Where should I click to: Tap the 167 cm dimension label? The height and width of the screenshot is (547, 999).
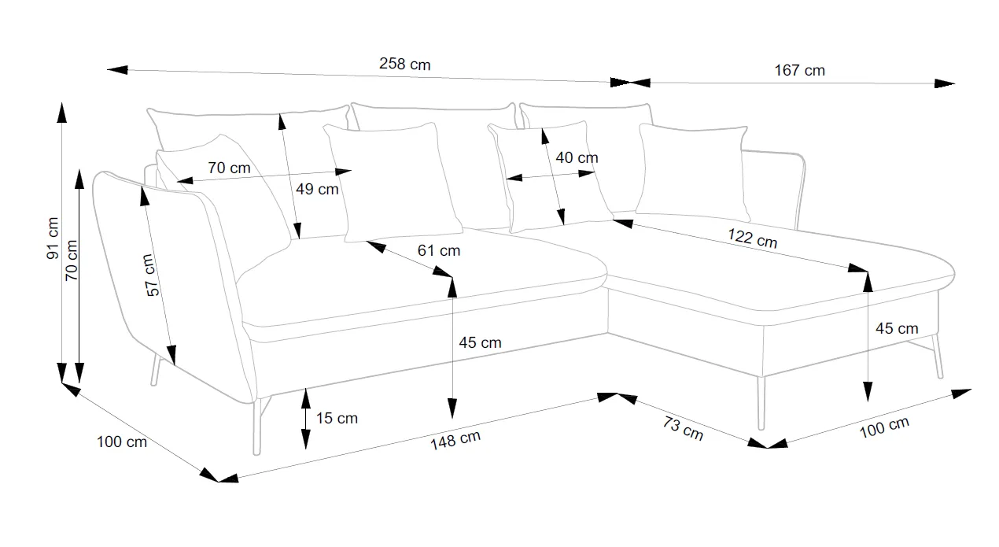pyautogui.click(x=799, y=70)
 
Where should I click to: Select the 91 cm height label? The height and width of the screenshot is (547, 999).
pyautogui.click(x=52, y=238)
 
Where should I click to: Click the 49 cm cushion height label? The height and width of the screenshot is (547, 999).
pyautogui.click(x=317, y=189)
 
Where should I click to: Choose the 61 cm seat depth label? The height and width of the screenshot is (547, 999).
pyautogui.click(x=439, y=251)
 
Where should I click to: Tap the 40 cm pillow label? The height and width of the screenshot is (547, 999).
pyautogui.click(x=577, y=157)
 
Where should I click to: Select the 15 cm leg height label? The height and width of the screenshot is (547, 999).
pyautogui.click(x=337, y=418)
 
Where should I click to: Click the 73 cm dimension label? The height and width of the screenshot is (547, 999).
pyautogui.click(x=682, y=429)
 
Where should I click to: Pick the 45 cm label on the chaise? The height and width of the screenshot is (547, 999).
pyautogui.click(x=896, y=328)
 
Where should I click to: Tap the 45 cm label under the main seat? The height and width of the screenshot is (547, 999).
pyautogui.click(x=480, y=342)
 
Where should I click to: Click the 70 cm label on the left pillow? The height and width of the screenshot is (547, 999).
pyautogui.click(x=229, y=168)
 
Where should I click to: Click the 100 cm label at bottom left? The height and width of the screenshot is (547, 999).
pyautogui.click(x=122, y=442)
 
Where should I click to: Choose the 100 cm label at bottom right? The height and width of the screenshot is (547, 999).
pyautogui.click(x=884, y=427)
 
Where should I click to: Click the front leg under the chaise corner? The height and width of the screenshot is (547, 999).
pyautogui.click(x=761, y=402)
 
